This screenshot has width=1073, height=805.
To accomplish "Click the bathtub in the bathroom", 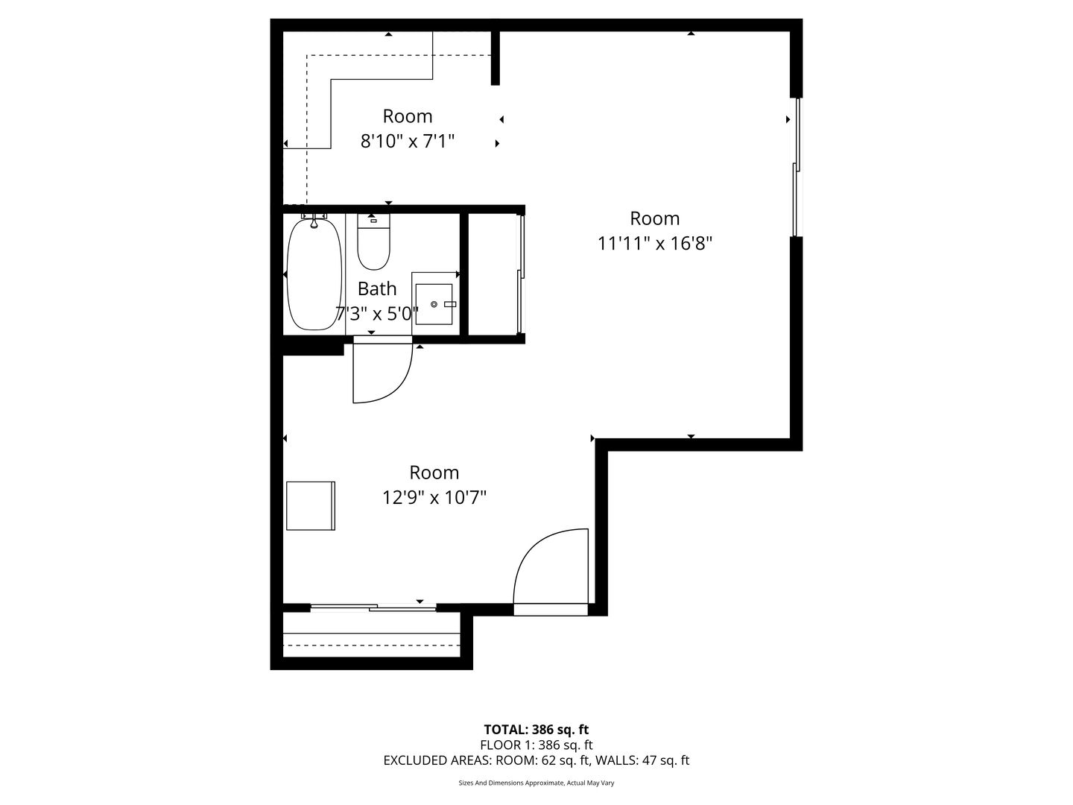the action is coord(314,275).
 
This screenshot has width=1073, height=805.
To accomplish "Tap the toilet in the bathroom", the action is coord(373,242).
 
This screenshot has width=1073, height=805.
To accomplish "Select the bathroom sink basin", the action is coord(434,304).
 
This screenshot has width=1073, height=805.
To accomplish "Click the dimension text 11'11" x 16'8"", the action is coord(654,244).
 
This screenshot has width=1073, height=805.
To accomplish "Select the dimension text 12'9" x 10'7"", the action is coord(434,498).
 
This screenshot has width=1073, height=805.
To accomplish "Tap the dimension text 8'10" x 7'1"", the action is coord(407,142).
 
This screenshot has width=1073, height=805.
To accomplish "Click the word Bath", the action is coord(377,289).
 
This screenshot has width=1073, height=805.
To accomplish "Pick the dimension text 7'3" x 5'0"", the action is coord(377,314).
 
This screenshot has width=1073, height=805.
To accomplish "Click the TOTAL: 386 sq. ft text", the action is coord(536,730).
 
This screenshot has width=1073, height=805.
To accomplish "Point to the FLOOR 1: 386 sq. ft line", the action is coord(536,745).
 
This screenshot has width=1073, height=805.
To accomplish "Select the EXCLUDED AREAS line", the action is coord(536,760).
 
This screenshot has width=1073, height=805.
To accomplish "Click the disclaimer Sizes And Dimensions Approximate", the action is coord(536,783).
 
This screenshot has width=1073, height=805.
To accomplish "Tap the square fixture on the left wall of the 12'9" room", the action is coord(311,506).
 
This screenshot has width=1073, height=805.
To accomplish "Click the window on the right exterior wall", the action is coord(797,167).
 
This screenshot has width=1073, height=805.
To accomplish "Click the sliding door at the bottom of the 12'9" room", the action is coord(373,608).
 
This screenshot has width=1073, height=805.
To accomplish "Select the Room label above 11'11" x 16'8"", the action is coord(654,218).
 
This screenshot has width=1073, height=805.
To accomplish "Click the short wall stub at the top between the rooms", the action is coord(496,58).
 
